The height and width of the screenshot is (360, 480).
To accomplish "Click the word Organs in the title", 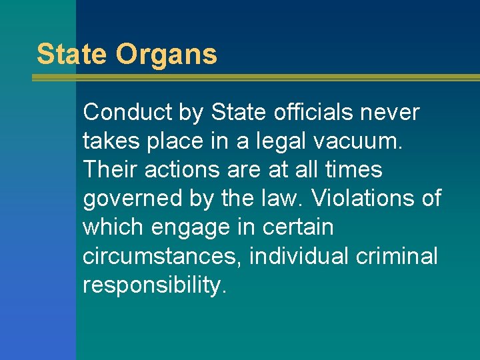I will (x=167, y=54).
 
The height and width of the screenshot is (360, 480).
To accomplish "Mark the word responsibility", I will (x=155, y=285).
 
